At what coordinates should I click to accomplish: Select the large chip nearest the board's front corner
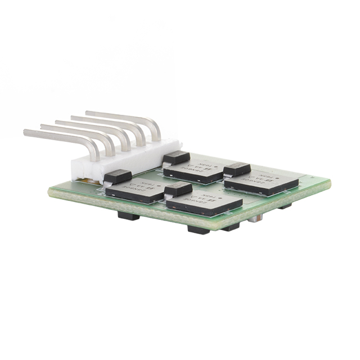[x=204, y=201]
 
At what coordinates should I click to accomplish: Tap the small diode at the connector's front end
[x=118, y=177]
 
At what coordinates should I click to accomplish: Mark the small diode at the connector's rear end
[x=176, y=157]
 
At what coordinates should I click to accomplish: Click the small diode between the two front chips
[x=178, y=189]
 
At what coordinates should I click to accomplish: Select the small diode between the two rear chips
[x=237, y=169]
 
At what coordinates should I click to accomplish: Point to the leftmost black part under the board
[x=128, y=215]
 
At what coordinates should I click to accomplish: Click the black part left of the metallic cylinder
[x=230, y=227]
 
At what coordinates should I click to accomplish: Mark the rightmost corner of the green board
[x=330, y=182]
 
